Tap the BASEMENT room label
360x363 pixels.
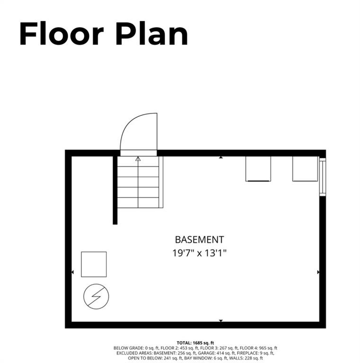(199, 240)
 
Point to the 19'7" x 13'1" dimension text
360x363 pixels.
(199, 253)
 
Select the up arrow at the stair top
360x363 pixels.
(138, 159)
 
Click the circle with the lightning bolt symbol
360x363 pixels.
(96, 296)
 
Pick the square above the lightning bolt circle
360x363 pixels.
(94, 264)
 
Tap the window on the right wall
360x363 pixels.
(323, 177)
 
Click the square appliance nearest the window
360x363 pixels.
(305, 169)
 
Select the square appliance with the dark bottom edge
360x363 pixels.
(258, 169)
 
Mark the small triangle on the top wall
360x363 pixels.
(220, 157)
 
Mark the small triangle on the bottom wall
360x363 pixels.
(220, 321)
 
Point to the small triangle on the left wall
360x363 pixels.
(72, 272)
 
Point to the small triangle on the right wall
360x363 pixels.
(318, 272)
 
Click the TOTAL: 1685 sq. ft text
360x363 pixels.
(195, 342)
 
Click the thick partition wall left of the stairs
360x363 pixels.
(115, 189)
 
